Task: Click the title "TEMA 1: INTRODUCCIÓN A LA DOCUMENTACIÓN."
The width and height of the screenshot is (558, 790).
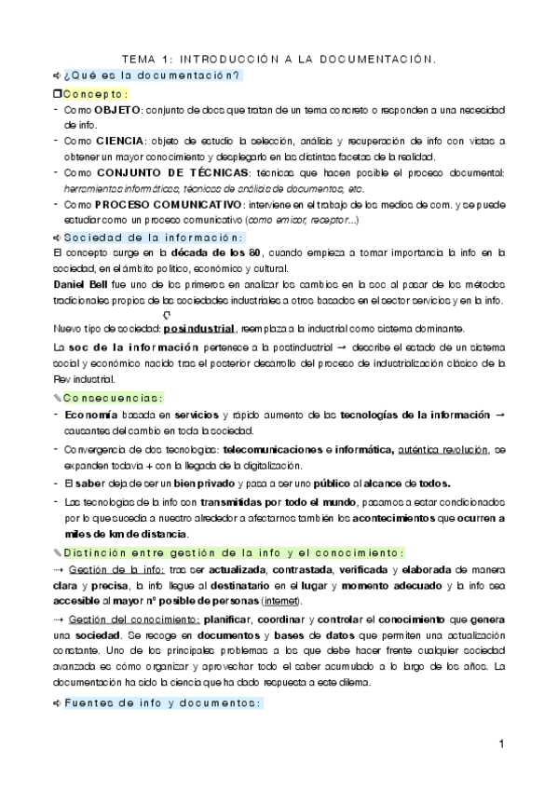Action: click(279, 58)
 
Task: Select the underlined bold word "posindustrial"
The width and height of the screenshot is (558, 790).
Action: click(198, 330)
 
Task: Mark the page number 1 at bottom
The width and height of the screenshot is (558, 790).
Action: click(500, 744)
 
